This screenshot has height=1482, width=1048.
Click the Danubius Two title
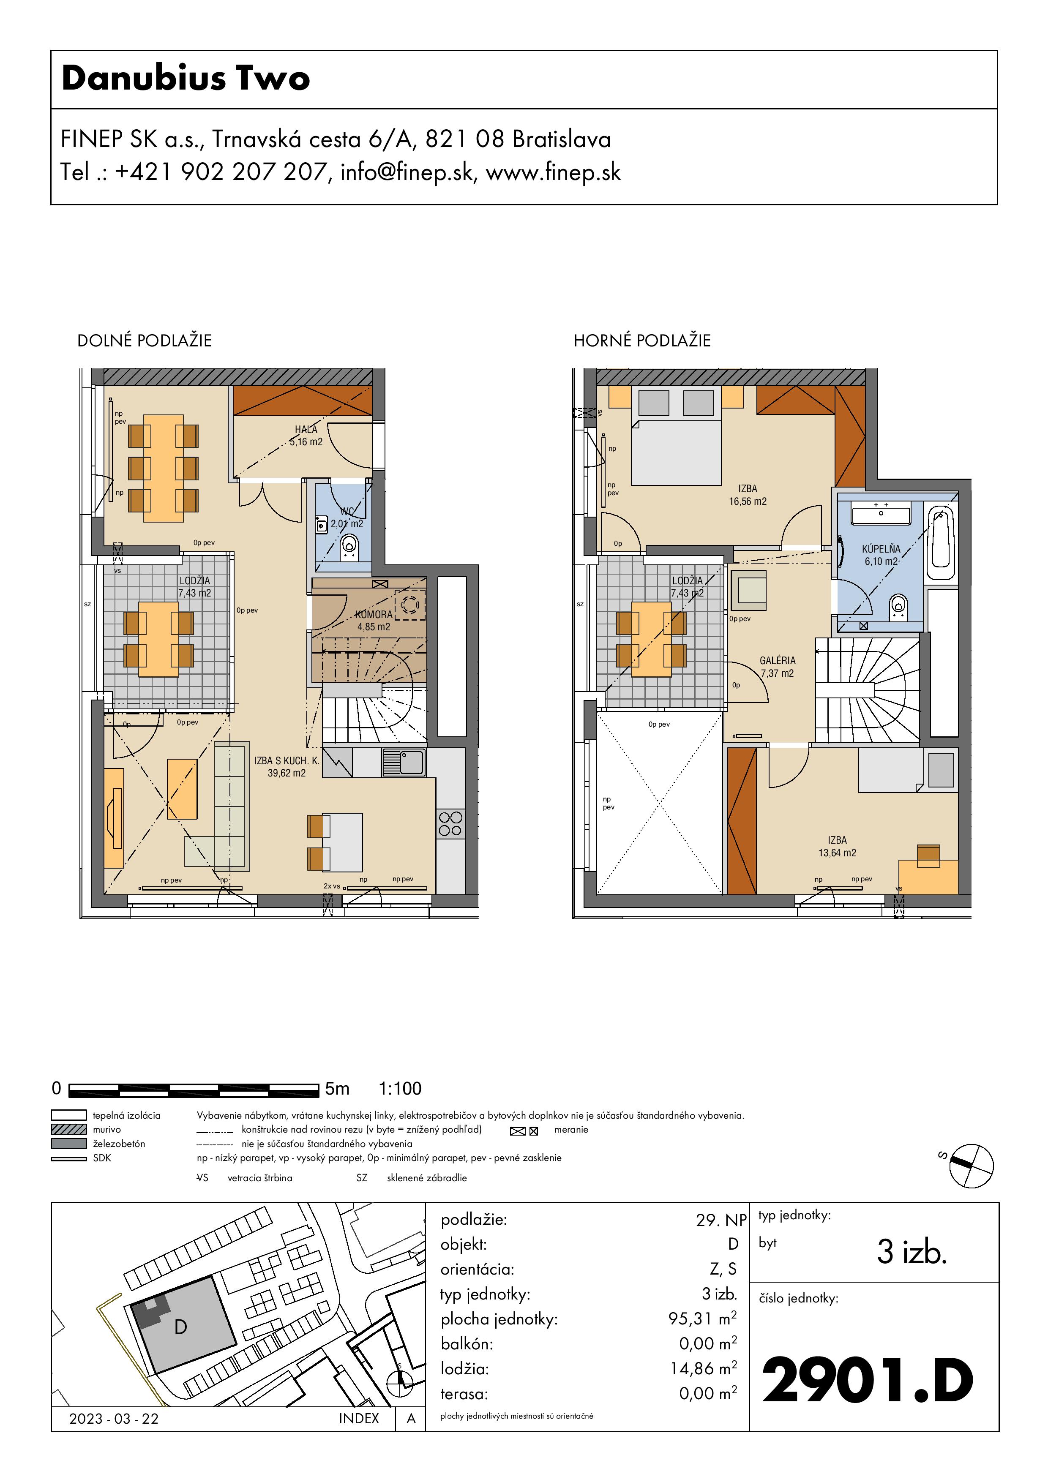186,78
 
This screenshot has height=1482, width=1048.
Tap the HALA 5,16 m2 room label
306,436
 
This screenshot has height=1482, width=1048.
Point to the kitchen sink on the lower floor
404,762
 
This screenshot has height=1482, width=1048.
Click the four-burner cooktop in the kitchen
450,824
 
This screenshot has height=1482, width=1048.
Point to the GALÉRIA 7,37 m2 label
778,667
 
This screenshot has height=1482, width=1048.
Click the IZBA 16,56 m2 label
748,495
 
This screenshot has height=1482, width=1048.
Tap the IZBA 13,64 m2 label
838,846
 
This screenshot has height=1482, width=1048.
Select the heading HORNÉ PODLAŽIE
642,341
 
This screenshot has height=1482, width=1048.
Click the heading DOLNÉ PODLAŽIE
145,341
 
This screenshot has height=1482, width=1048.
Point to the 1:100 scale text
400,1089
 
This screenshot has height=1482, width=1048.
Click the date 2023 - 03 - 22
114,1419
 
